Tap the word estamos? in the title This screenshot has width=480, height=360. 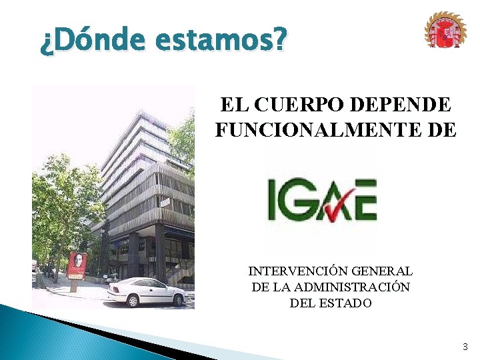pos(221,42)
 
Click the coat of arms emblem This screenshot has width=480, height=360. pos(445,31)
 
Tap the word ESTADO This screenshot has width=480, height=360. pos(346,303)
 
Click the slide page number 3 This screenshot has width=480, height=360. pos(465,347)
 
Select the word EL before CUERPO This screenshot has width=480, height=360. pos(233,105)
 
